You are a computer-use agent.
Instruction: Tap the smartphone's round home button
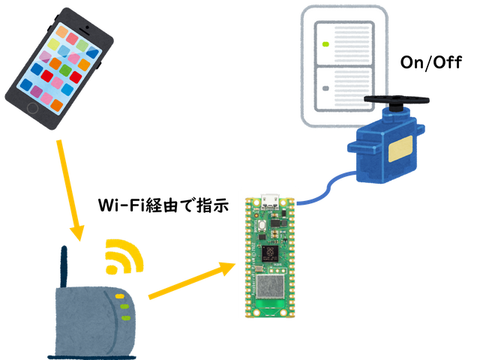(33, 108)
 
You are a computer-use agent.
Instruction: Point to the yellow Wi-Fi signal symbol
(123, 257)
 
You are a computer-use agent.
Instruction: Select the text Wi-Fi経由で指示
(163, 205)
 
